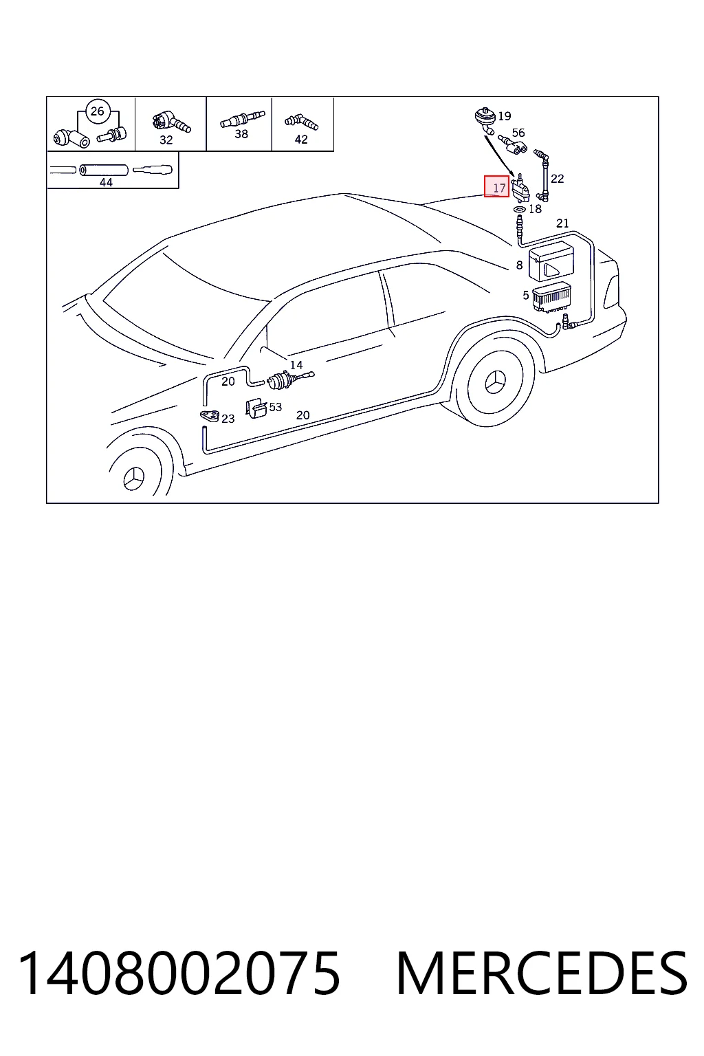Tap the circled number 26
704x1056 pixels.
tap(97, 111)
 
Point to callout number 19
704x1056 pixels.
tap(505, 116)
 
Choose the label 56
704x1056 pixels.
tap(518, 133)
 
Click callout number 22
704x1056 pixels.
tap(558, 179)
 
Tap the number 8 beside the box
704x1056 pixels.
tap(519, 265)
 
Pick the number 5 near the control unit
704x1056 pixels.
tap(526, 296)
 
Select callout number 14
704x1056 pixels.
tap(296, 365)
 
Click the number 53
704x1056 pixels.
tap(276, 407)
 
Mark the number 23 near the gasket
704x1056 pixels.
tap(228, 419)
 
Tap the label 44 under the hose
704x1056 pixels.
tap(106, 182)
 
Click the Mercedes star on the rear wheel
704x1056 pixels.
tap(495, 381)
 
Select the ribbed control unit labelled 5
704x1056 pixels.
tap(551, 297)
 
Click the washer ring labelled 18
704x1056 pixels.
tap(518, 208)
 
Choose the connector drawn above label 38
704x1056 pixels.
tap(243, 119)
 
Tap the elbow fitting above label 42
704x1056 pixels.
tap(301, 122)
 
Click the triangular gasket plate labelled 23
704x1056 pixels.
tap(210, 416)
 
